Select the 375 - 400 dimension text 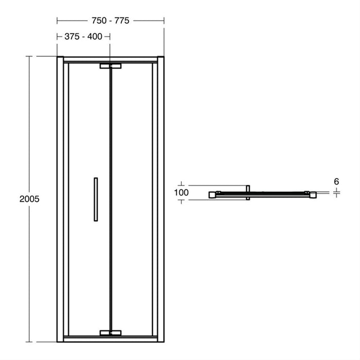(x=83, y=37)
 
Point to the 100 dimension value (x=182, y=193)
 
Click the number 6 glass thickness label (x=336, y=182)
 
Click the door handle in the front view (x=95, y=199)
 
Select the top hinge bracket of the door (x=111, y=66)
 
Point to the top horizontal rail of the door (x=82, y=59)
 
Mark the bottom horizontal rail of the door (x=82, y=339)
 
